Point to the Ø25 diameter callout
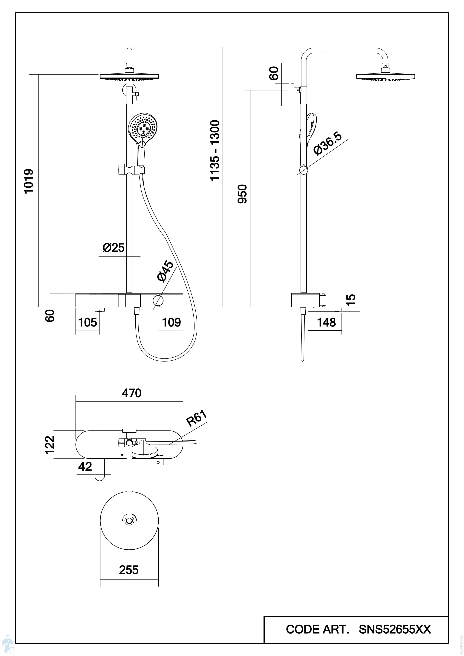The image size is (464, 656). (114, 248)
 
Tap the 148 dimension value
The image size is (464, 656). (326, 323)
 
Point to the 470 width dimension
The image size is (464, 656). (131, 393)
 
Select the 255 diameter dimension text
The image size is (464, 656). (129, 570)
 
